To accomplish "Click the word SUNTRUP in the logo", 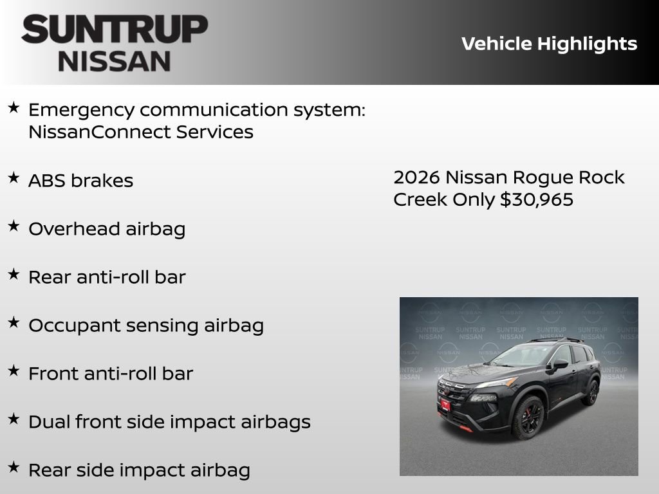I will pos(115,30).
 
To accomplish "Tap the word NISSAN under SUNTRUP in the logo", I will pos(115,61).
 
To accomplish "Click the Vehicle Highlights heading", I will pos(549,44).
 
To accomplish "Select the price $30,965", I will pos(537,199).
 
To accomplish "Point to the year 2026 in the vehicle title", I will pos(416,178).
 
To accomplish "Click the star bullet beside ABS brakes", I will pos(14,178).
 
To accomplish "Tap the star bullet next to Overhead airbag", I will pos(14,226).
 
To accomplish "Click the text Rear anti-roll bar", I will pos(107,277).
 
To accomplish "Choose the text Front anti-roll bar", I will pos(111,374).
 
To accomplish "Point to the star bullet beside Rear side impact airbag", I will pos(14,468).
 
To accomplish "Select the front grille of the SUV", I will pos(454,393).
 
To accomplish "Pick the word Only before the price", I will pos(473,199).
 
